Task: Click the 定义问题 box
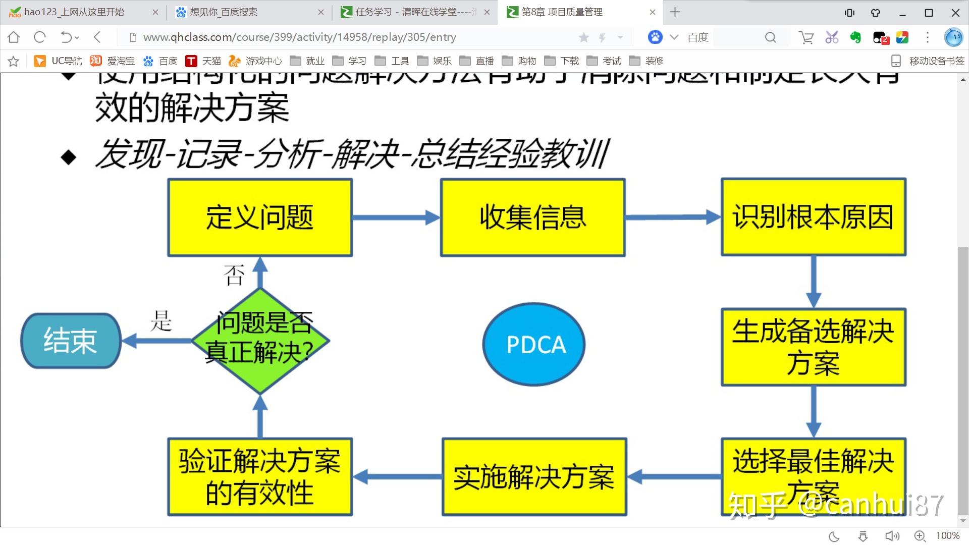(260, 217)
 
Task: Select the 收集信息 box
(533, 217)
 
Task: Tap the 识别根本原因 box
(814, 217)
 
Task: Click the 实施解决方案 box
(534, 477)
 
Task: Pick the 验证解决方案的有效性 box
(260, 477)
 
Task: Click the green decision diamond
(260, 341)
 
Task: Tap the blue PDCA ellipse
(534, 344)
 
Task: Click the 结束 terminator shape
(71, 341)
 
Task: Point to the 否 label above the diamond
(234, 275)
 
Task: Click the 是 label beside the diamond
(161, 320)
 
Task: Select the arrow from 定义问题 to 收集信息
(396, 217)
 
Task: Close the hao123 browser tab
(155, 12)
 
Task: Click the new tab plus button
(675, 12)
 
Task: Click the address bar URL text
(299, 37)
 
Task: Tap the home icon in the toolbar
(14, 37)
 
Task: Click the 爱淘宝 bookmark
(113, 61)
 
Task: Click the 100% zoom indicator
(947, 536)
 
